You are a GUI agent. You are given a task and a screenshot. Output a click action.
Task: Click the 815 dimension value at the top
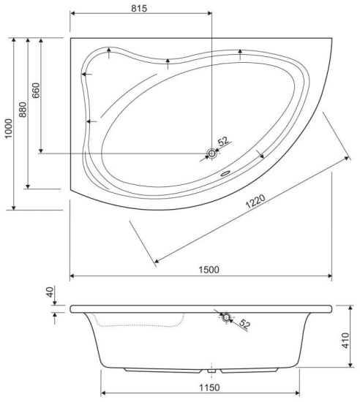point(139,8)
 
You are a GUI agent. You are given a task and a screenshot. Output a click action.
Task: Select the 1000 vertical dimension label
point(9,129)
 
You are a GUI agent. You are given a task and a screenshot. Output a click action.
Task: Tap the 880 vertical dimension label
point(23,110)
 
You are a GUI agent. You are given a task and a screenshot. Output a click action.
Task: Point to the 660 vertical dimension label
point(36,90)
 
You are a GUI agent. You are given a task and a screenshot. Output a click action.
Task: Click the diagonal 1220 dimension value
point(255,202)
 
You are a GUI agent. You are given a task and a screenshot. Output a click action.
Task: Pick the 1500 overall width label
point(209,270)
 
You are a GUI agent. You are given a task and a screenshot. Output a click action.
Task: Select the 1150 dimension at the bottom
point(210,387)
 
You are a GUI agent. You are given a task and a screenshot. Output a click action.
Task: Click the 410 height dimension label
point(345,341)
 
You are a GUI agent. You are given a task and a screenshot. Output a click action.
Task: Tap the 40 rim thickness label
point(50,292)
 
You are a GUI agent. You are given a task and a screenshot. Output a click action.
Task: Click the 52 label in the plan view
point(223,141)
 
